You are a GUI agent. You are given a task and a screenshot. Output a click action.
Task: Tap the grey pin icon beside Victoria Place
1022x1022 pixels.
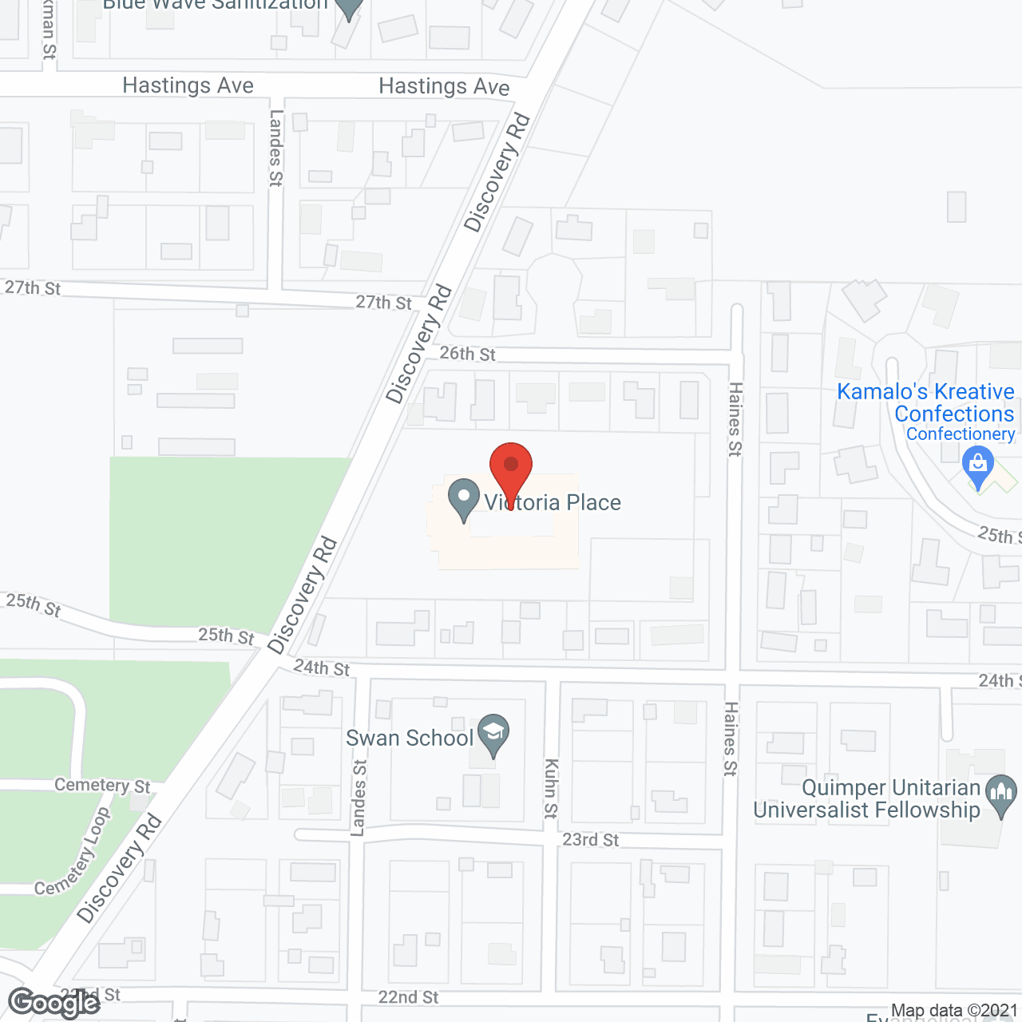coord(463,498)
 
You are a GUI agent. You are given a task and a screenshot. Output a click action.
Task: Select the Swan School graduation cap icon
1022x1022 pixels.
coord(493,733)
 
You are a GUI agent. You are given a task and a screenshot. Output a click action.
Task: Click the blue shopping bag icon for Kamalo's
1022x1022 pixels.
coord(978,465)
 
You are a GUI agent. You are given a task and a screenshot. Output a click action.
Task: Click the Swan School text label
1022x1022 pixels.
coord(410,738)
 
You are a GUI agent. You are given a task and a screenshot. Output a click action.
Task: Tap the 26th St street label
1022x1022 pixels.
coord(467,353)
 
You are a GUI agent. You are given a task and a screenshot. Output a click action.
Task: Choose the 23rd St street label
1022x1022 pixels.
coord(590,839)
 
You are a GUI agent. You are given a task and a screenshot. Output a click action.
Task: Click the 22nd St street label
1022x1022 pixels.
coord(408,997)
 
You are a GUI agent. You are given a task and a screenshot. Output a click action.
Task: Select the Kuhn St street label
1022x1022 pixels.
coord(550,789)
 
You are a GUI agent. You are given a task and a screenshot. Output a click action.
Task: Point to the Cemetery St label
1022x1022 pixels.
coord(102,786)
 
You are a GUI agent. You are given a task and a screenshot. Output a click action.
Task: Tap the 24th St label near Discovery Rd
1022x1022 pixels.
coord(322,667)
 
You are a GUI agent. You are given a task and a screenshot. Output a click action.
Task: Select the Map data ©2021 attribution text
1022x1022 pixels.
coord(954,1011)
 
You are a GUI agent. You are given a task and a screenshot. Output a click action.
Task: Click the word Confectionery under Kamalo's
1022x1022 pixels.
coord(961,434)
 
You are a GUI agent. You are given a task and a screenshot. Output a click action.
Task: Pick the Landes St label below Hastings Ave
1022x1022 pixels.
coord(276,148)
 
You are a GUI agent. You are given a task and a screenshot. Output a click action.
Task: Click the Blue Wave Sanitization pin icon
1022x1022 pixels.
coord(347,8)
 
